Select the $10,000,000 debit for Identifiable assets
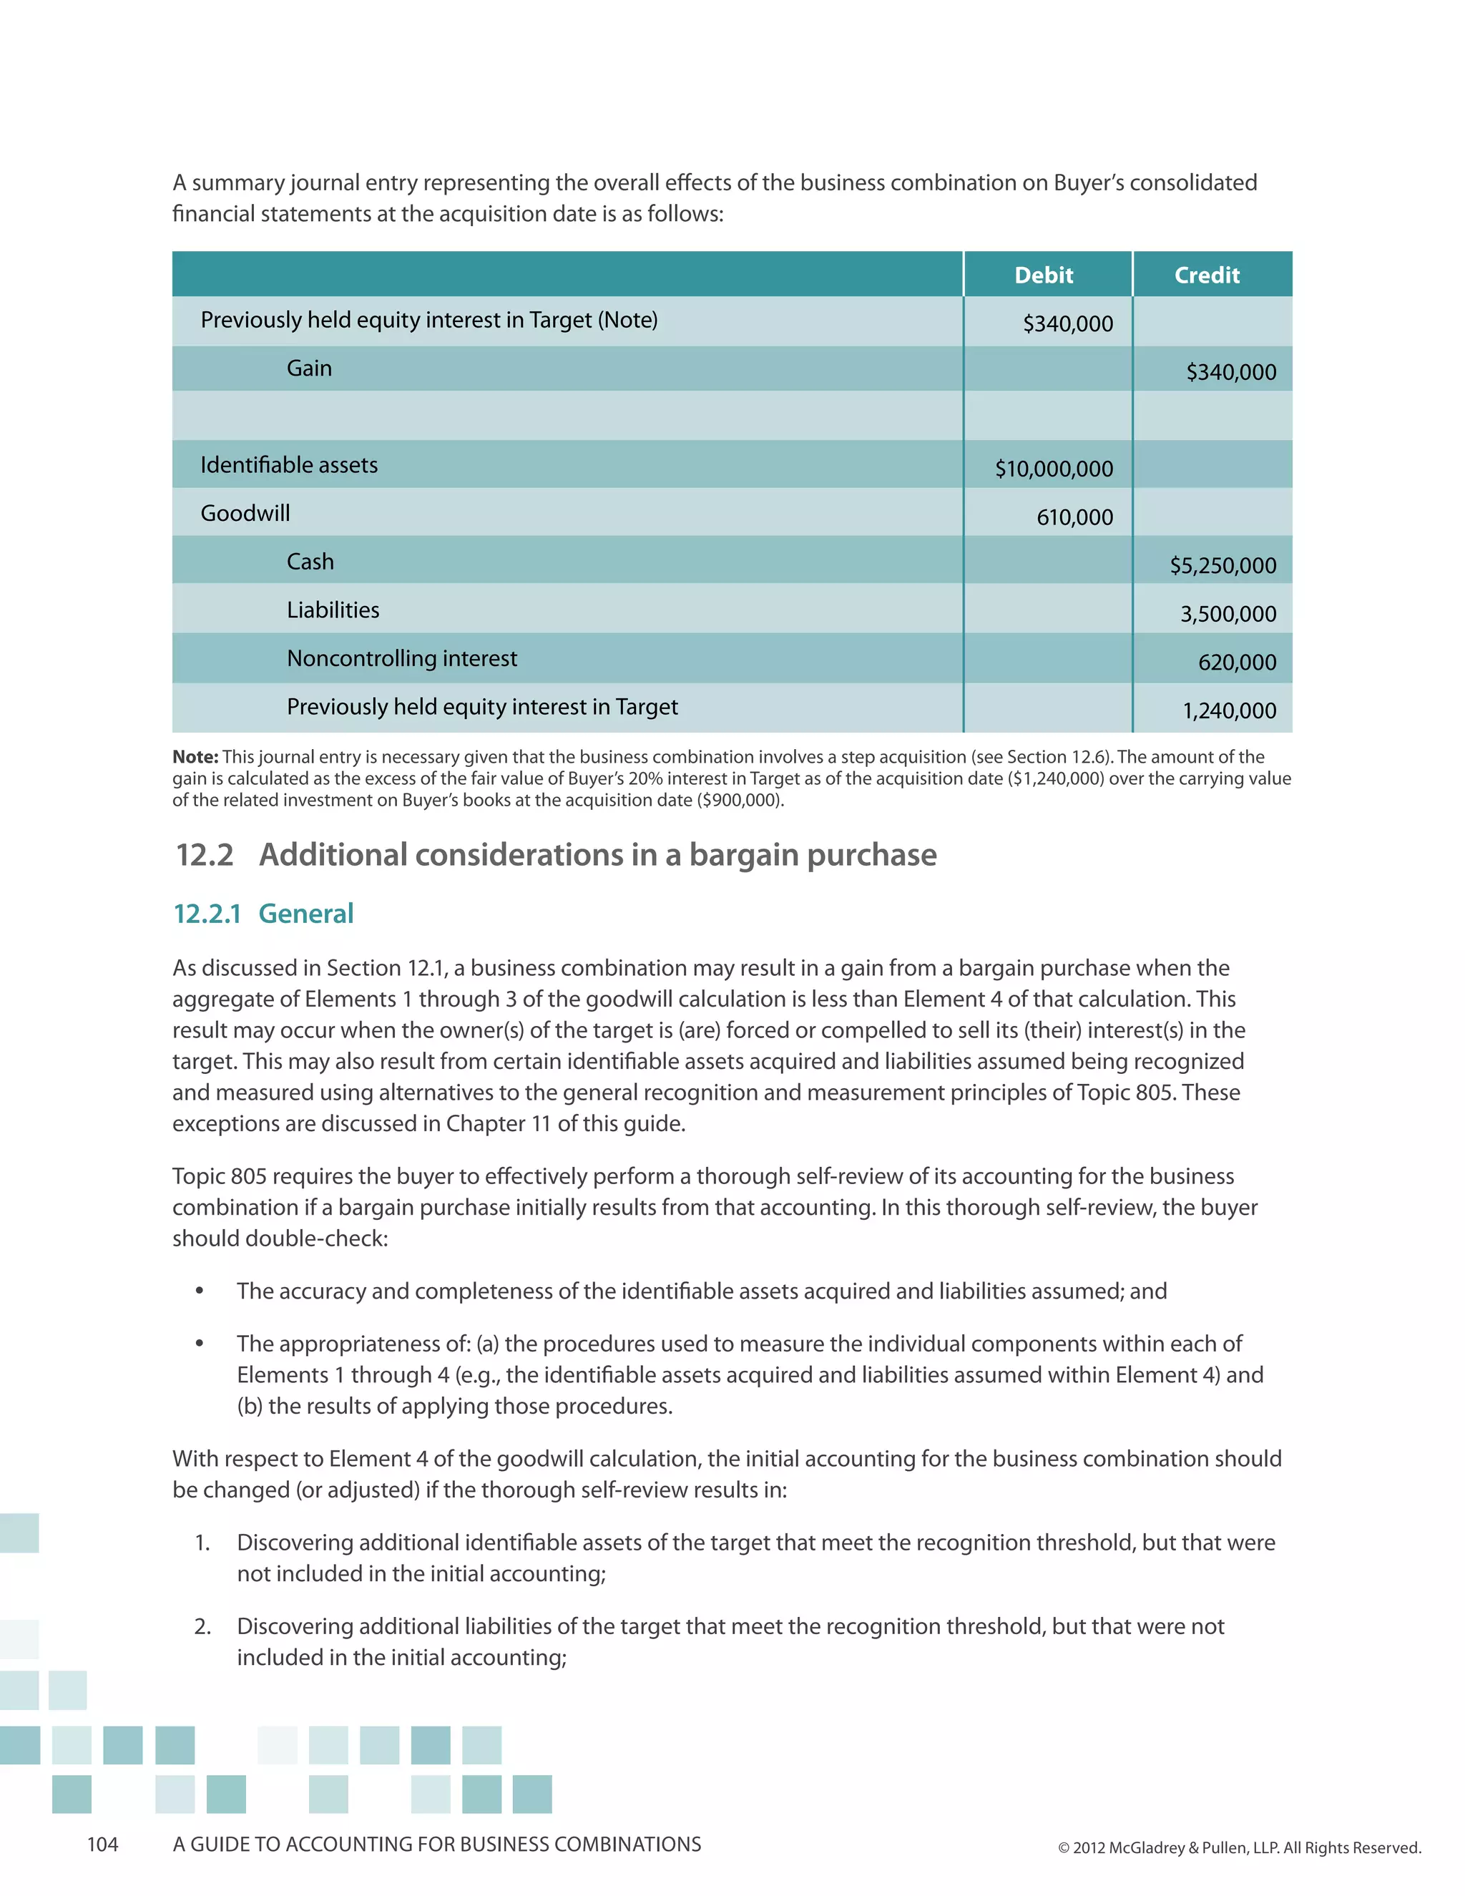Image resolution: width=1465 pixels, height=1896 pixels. [1054, 469]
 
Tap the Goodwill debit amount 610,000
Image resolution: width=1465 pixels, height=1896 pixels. [1074, 517]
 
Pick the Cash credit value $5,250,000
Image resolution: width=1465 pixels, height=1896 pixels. [1223, 566]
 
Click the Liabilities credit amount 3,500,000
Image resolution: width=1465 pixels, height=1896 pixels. [1228, 615]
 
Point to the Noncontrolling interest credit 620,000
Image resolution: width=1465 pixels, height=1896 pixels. [1237, 663]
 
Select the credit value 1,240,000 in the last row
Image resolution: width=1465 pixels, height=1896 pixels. [1229, 711]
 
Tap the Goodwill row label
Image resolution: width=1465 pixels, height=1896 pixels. [245, 513]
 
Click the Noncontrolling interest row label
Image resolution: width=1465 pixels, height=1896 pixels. [402, 658]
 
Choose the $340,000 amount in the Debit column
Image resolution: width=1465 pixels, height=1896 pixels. [1067, 324]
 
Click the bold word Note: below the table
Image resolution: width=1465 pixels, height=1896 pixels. [195, 757]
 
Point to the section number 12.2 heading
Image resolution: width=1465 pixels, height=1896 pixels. [205, 855]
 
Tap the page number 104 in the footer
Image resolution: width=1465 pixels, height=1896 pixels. [102, 1844]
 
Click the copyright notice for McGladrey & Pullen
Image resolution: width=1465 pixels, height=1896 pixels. [1238, 1847]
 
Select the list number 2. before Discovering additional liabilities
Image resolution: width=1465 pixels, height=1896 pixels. [202, 1626]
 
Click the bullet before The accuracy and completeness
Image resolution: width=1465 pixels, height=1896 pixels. [200, 1291]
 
